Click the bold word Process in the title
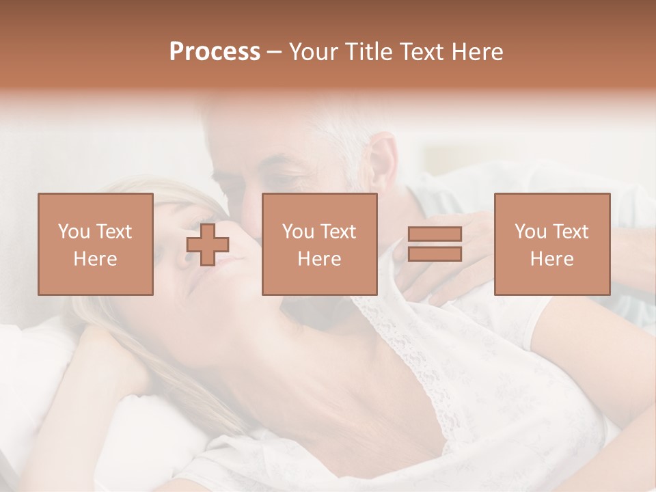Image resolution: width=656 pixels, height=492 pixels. (215, 52)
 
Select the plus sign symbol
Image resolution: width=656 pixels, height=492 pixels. (208, 245)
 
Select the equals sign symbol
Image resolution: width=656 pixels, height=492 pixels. (435, 244)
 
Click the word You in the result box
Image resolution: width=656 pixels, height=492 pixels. (531, 232)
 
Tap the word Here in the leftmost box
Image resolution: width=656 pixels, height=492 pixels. (96, 258)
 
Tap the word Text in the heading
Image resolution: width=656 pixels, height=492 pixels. (422, 52)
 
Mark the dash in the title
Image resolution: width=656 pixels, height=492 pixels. (275, 52)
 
